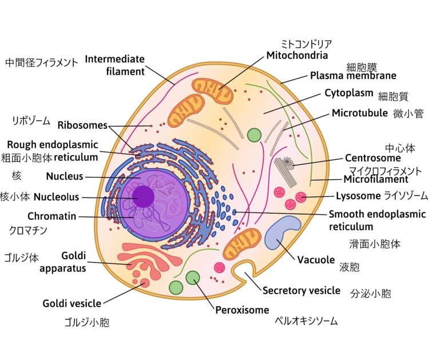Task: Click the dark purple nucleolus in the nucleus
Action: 143,196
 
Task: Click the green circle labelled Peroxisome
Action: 193,278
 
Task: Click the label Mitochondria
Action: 297,56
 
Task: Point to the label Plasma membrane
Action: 352,75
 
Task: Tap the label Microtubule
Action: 359,113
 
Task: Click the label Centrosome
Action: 372,158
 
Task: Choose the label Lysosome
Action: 358,196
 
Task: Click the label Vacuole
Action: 316,259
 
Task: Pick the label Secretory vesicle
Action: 301,290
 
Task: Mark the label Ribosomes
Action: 82,125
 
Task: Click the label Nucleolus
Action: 56,197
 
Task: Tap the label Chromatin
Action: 51,216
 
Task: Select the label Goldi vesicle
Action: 72,303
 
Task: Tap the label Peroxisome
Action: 242,310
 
